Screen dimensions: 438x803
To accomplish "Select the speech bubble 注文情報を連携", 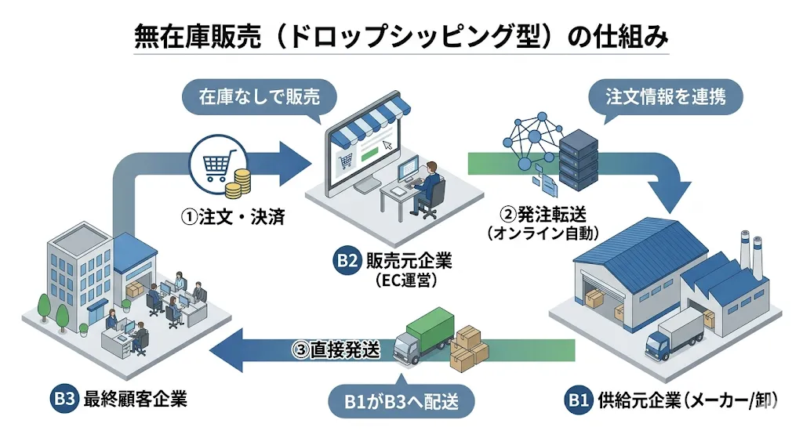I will coord(665,97).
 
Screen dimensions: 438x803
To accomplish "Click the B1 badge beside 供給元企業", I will coord(578,401).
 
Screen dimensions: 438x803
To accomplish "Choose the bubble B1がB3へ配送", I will coord(401,403).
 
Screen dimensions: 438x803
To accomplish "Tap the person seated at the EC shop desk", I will coord(429,186).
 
